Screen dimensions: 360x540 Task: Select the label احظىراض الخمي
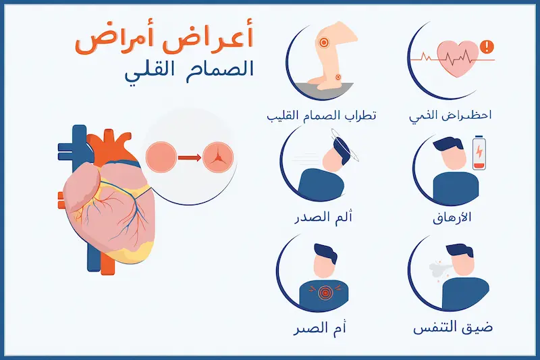coord(450,115)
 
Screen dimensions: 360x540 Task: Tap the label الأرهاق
coord(450,219)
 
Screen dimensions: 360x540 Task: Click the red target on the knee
coord(325,43)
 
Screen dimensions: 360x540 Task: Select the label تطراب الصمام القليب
coord(321,115)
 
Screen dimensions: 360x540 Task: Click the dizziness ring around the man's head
coord(344,144)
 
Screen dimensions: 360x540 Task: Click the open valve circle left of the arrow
coord(161,157)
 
